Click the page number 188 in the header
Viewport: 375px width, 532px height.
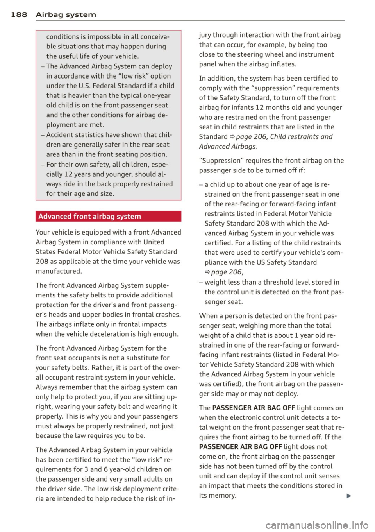(19, 15)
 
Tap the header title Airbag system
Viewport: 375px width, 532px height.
(66, 15)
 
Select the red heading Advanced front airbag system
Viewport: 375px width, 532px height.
(89, 216)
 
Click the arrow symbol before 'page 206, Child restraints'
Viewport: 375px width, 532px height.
(232, 137)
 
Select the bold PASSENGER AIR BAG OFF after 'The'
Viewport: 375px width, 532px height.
(254, 408)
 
